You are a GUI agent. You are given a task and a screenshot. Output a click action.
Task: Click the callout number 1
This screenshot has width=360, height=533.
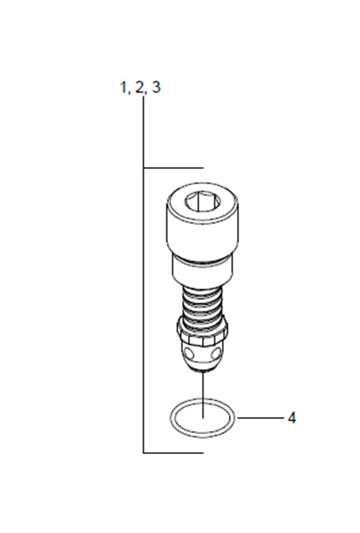click(x=123, y=87)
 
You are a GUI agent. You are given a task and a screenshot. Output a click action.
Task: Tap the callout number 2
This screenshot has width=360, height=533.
click(x=139, y=87)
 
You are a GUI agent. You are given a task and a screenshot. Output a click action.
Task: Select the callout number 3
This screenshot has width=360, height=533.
click(x=156, y=87)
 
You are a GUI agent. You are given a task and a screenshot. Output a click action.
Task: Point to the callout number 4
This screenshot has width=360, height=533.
click(x=291, y=418)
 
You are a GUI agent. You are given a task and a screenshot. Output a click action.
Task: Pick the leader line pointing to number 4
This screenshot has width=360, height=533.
click(x=260, y=418)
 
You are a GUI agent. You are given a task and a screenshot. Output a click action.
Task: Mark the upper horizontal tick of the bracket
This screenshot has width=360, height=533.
click(x=174, y=168)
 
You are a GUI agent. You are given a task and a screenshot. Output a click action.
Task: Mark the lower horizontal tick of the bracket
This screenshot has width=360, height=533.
click(x=174, y=453)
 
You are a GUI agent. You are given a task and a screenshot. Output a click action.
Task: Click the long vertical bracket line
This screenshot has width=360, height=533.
click(x=143, y=275)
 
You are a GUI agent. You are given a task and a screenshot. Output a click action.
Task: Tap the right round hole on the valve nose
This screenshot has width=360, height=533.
click(x=216, y=354)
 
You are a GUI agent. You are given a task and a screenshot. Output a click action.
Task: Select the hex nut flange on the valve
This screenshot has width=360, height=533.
click(x=202, y=333)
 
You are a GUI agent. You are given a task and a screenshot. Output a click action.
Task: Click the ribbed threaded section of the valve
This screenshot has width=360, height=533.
click(x=202, y=304)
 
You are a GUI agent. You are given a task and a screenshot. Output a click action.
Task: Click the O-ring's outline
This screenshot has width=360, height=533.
click(x=171, y=418)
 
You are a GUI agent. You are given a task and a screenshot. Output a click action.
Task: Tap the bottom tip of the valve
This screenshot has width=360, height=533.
click(x=202, y=371)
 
